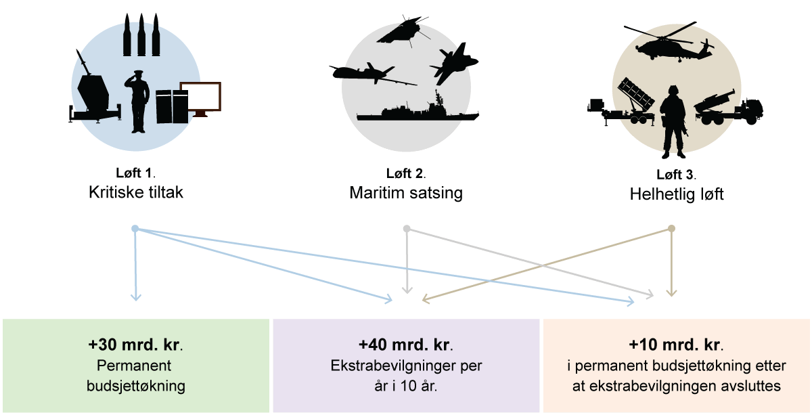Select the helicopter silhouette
click(x=667, y=45)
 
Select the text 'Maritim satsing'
click(x=406, y=193)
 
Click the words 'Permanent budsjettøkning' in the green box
click(x=136, y=376)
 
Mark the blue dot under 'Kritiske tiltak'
click(x=135, y=229)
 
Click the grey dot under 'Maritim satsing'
click(x=407, y=229)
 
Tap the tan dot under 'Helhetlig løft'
click(x=671, y=229)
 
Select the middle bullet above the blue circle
click(x=141, y=34)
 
